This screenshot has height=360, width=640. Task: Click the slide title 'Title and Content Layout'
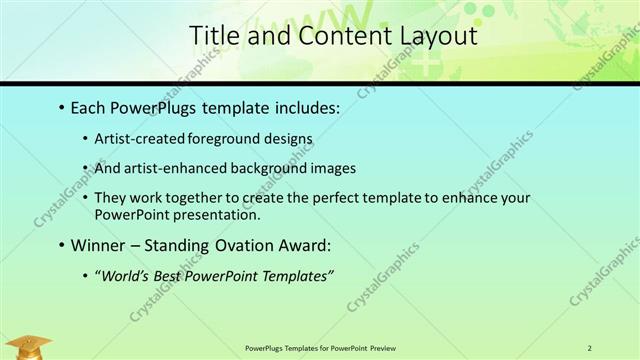(333, 37)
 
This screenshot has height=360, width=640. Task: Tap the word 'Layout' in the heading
(436, 37)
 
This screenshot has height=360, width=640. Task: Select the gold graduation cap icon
(33, 346)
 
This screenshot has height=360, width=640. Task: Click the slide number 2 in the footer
(590, 347)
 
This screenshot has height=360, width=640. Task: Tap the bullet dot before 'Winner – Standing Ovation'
(62, 245)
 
